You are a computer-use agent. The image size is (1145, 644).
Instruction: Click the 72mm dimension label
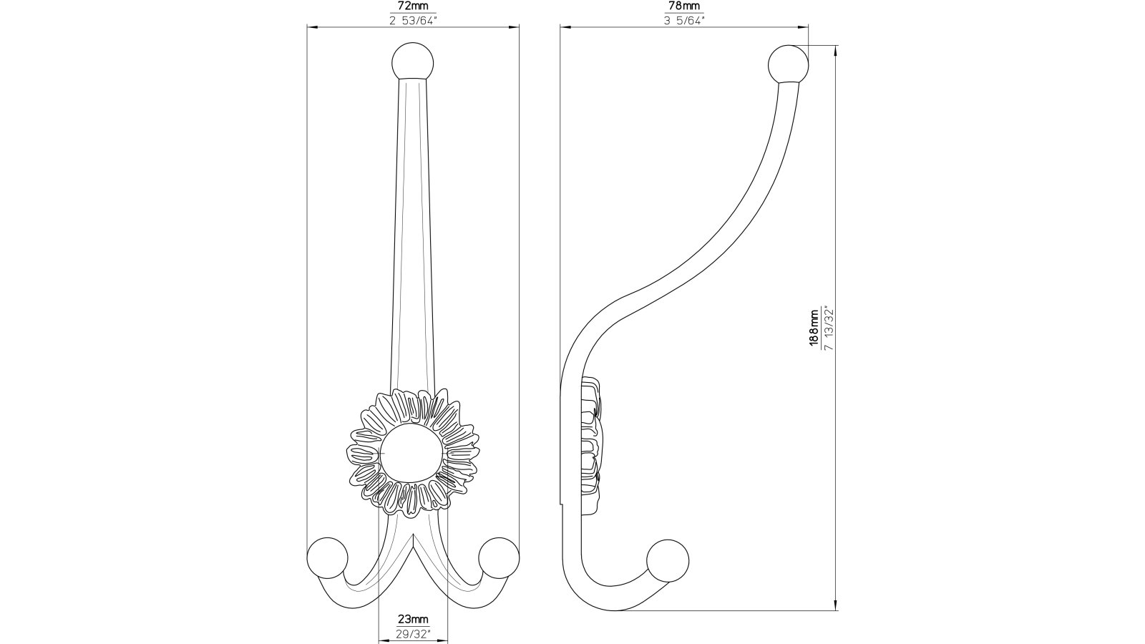tap(413, 6)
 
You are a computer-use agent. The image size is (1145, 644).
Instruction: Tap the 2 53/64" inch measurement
tap(413, 19)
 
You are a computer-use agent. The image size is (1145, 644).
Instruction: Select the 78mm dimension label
tap(684, 6)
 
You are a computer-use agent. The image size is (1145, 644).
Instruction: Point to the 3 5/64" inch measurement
tap(684, 19)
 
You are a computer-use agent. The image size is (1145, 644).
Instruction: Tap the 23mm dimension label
tap(413, 620)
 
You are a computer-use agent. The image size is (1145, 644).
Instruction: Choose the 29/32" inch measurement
tap(413, 633)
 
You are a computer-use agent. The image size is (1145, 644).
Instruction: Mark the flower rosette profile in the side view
tap(591, 444)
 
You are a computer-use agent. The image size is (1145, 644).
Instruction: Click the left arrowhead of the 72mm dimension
tap(310, 27)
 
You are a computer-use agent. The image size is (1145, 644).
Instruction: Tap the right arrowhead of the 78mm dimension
tap(806, 28)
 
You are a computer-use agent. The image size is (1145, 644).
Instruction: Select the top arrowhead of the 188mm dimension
tap(837, 49)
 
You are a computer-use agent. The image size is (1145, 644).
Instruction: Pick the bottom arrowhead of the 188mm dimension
tap(837, 608)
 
